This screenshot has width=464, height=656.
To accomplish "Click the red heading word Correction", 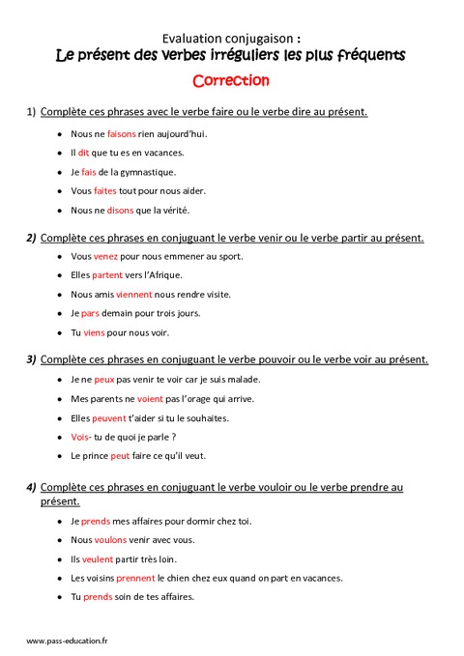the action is coord(230,80).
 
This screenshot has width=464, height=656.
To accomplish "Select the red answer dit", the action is coord(84,153).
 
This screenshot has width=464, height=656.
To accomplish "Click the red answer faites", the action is coord(104,191).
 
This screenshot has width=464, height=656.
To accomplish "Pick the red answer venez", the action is coord(105,256).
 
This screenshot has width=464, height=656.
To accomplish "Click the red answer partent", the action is coord(107,275).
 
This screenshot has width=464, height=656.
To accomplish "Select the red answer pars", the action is coord(90,314).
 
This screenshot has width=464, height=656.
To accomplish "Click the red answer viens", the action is coord(95,333).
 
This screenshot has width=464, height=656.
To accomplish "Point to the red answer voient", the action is coord(149,398).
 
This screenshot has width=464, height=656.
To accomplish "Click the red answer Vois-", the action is coord(83,437).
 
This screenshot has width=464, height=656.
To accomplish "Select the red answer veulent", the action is coord(99,559).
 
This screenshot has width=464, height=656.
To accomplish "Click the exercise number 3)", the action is coord(32,359).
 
